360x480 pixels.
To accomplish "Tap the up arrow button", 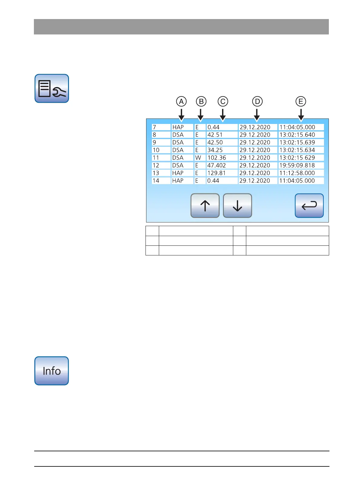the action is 205,206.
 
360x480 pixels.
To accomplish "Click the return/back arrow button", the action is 309,206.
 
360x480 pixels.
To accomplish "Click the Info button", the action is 52,371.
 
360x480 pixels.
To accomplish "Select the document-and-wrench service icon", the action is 52,88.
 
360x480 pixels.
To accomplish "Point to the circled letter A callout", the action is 181,102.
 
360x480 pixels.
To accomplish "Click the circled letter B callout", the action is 201,102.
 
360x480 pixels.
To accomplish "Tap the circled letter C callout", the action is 223,102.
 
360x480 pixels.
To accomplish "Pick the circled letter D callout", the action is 257,102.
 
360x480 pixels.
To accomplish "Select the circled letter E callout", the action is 301,102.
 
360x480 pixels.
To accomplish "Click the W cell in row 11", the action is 198,158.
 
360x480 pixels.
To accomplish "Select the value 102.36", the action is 217,158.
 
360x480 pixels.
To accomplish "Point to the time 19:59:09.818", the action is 297,165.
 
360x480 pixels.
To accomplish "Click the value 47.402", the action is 217,165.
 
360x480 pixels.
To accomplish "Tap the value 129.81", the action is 216,173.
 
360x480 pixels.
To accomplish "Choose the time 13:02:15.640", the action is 297,135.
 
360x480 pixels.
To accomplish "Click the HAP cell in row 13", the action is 178,173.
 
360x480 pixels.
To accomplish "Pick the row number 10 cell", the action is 156,150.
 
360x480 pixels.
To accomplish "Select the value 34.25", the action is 215,150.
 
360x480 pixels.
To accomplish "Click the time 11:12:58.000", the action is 297,173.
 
